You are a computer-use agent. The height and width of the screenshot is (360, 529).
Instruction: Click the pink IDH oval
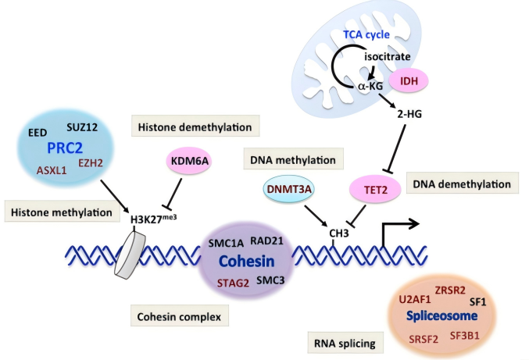click(x=409, y=81)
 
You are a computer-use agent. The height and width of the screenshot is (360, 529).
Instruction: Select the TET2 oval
click(x=376, y=190)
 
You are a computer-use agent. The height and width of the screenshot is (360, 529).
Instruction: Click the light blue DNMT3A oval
click(x=289, y=189)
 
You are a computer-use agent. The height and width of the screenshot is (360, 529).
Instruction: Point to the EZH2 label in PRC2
click(x=91, y=163)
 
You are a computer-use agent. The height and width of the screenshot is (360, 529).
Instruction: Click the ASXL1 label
click(x=52, y=170)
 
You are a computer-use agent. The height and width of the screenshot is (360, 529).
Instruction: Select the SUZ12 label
click(x=82, y=127)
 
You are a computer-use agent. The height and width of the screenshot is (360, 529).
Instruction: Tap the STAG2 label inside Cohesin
click(x=233, y=283)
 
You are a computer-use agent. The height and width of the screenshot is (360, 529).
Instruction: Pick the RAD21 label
click(x=267, y=241)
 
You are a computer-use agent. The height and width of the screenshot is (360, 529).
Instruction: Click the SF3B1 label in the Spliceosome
click(x=465, y=336)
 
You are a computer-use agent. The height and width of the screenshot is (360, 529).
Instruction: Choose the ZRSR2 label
click(x=450, y=290)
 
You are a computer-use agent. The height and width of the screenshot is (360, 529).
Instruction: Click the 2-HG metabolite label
click(x=409, y=114)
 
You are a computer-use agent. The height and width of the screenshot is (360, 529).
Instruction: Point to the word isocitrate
click(x=388, y=56)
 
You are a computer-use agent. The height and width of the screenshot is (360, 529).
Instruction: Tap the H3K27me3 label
click(x=153, y=219)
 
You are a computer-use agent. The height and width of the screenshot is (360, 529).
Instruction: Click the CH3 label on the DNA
click(x=339, y=233)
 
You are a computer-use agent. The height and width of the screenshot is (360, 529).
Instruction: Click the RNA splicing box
click(x=345, y=343)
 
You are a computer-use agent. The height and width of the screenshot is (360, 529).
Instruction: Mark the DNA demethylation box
click(x=463, y=183)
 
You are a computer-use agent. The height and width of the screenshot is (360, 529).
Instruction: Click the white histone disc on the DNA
click(x=130, y=255)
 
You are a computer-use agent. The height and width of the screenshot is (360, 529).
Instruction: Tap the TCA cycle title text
click(x=366, y=34)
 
